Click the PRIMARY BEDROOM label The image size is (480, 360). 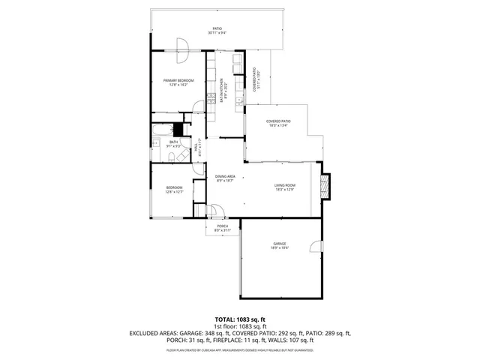point(179,80)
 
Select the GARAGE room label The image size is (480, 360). point(280,244)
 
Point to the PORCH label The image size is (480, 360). point(223,226)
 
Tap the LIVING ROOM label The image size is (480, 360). point(285,185)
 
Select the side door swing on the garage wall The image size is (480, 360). point(321,245)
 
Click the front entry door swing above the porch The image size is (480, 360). point(213,211)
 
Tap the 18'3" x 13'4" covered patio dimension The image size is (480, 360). point(278,126)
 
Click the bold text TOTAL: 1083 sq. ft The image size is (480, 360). point(240,319)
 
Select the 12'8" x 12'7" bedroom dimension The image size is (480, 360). point(174,192)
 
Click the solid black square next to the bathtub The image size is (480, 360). point(178,129)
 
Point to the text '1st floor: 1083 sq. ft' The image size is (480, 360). point(240,325)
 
